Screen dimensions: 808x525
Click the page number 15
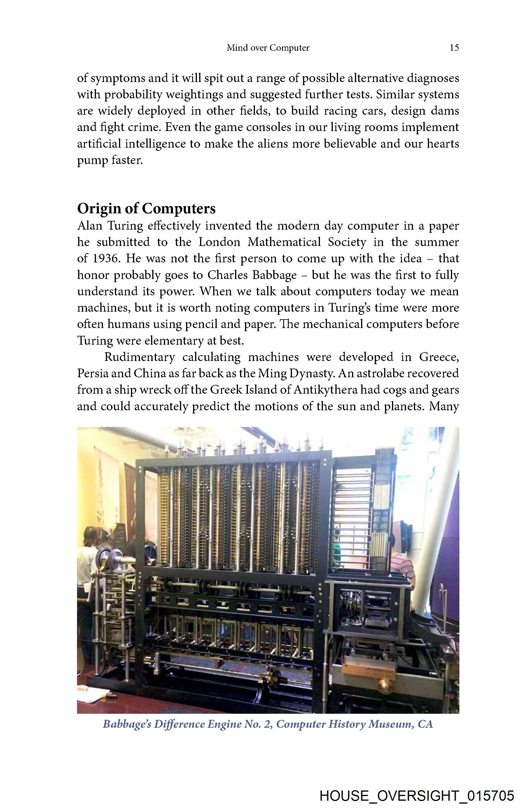coord(454,48)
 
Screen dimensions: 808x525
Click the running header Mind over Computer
coord(268,48)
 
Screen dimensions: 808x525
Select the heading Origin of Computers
coord(146,208)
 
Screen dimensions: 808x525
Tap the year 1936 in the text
coord(105,259)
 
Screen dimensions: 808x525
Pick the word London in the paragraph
coord(219,242)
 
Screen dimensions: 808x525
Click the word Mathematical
coord(284,242)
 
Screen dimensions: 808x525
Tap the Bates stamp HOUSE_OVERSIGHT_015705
coord(417,795)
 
